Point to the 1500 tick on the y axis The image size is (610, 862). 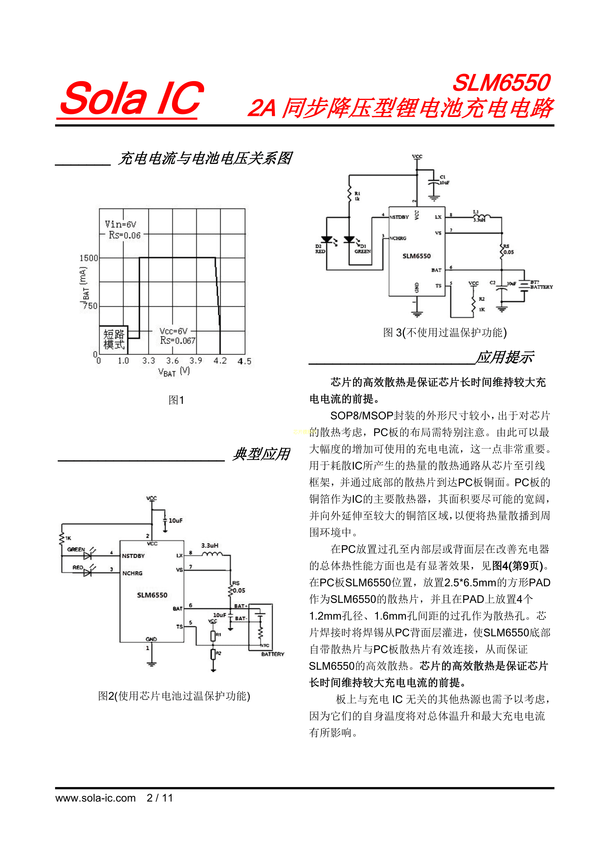coord(89,258)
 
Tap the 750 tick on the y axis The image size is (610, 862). coord(90,306)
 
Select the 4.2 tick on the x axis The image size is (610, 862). coord(220,361)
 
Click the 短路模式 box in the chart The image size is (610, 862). coord(114,339)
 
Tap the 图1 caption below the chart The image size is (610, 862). coord(176,400)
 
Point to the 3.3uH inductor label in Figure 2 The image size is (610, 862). coord(209,546)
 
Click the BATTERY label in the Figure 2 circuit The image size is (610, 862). coord(273,654)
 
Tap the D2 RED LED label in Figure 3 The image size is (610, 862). coord(320,249)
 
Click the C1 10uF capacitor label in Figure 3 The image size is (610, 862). coord(444,180)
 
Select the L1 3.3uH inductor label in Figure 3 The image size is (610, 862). coord(479,216)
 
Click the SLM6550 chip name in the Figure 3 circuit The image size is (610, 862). coord(417,256)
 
